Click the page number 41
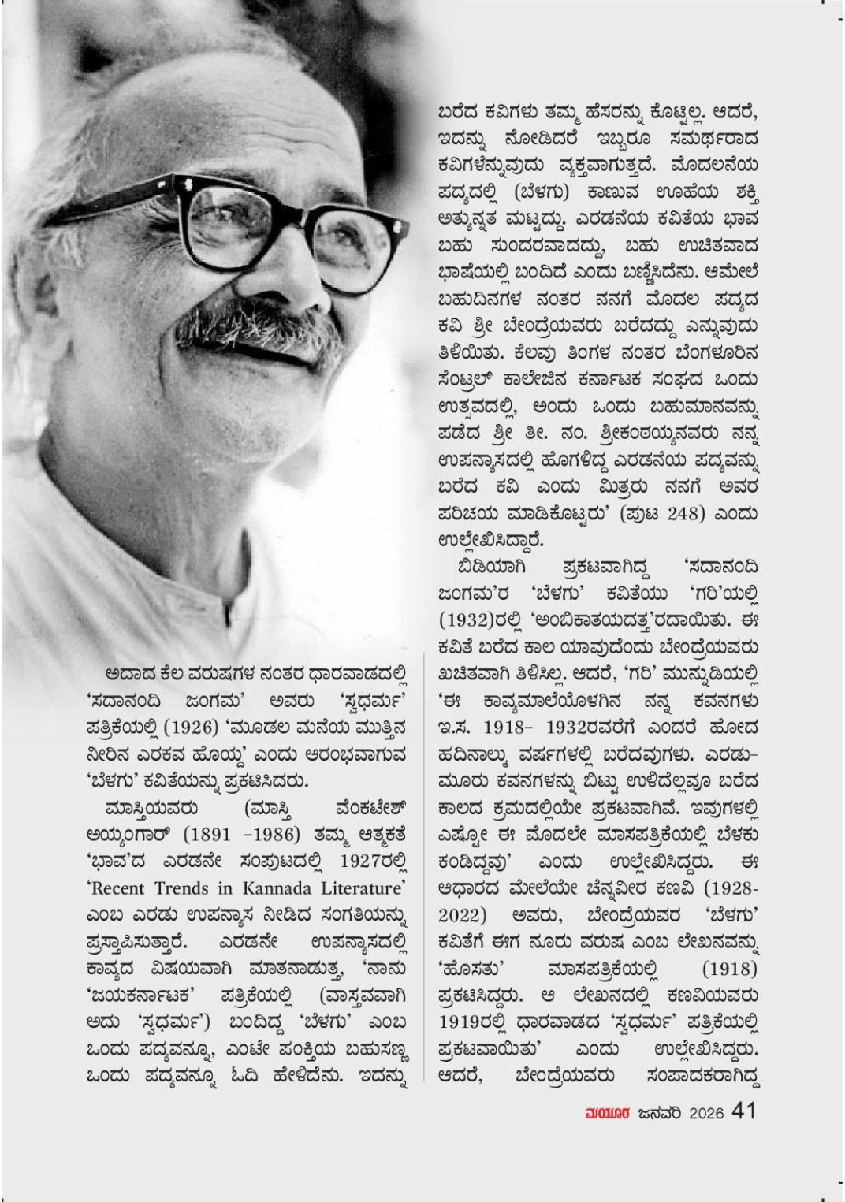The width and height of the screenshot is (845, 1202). point(745,1111)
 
